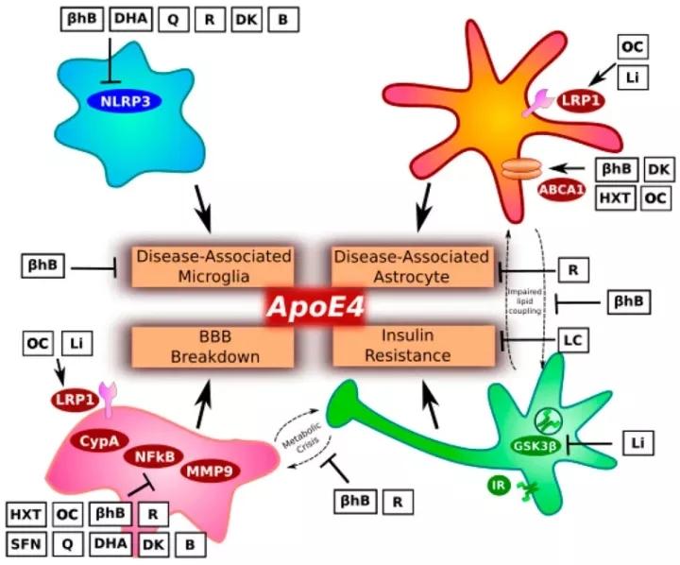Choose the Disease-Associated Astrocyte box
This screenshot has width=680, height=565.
point(412,265)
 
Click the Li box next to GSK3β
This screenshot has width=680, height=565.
point(635,441)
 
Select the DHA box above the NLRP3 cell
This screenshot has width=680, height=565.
point(130,19)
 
